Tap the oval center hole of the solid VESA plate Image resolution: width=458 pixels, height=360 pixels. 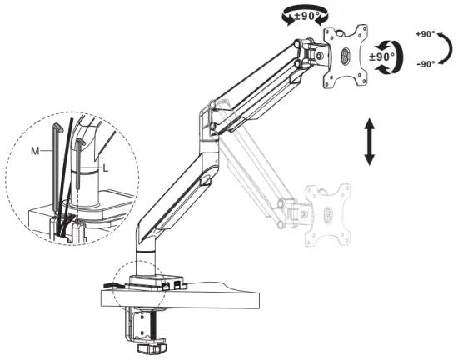pos(347,57)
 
